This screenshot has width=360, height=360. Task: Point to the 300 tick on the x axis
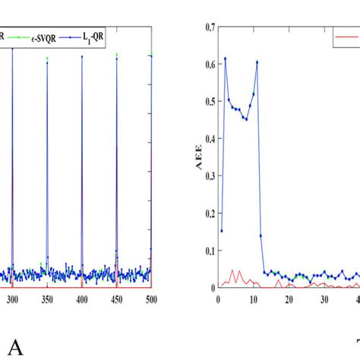(x=12, y=301)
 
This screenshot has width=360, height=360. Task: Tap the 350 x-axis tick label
(x=47, y=301)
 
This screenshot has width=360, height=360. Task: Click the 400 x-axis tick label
(x=82, y=301)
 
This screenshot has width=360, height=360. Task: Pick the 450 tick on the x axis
(x=117, y=301)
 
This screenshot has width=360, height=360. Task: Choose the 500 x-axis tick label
(x=151, y=301)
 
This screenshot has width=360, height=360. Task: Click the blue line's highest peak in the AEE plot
(x=225, y=58)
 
